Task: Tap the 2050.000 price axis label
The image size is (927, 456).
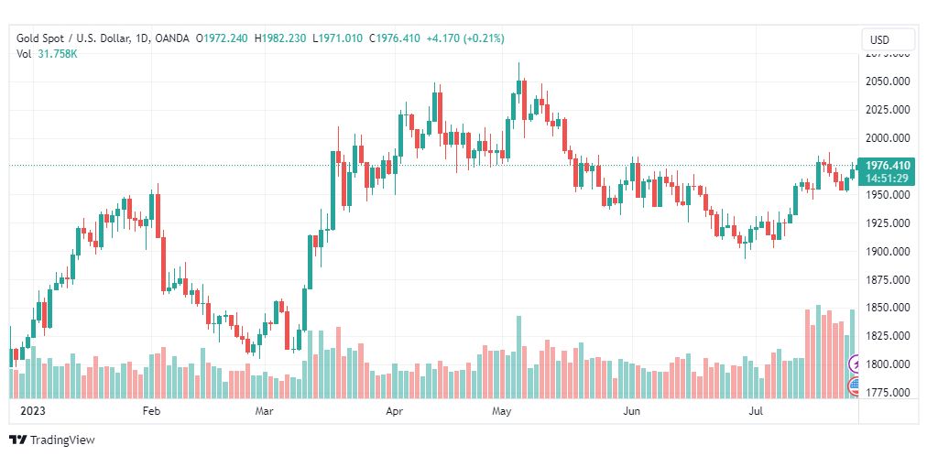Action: tap(887, 81)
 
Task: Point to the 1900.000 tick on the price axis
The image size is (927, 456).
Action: tap(887, 251)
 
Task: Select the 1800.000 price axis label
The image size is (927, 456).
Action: tap(887, 364)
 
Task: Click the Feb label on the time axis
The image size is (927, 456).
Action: tap(151, 412)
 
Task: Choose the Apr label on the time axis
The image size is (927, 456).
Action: tap(395, 412)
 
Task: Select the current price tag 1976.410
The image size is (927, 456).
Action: tap(886, 166)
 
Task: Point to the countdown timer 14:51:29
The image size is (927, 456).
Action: tap(886, 178)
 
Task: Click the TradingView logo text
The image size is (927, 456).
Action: tap(62, 440)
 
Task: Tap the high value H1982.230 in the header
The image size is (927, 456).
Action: tap(281, 38)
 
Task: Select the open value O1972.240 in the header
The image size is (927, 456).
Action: tap(223, 38)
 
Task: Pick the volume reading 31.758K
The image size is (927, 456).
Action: tap(57, 54)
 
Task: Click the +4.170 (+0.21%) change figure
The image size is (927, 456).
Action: tap(465, 38)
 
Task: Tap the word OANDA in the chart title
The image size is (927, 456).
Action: tap(172, 38)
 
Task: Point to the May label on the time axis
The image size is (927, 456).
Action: tap(500, 412)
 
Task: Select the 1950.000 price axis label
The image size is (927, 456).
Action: tap(887, 195)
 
